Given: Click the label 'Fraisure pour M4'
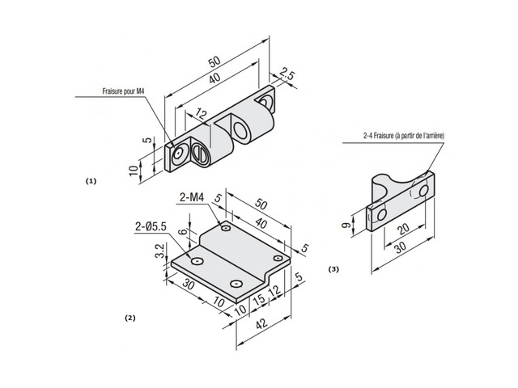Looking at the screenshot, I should (x=123, y=93).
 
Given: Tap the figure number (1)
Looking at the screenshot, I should (x=91, y=181).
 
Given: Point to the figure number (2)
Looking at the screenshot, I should (x=129, y=318).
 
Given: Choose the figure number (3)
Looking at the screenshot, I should (x=333, y=268).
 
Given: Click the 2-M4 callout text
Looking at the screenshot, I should (x=193, y=197).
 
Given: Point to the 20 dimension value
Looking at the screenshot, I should (x=402, y=229).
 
